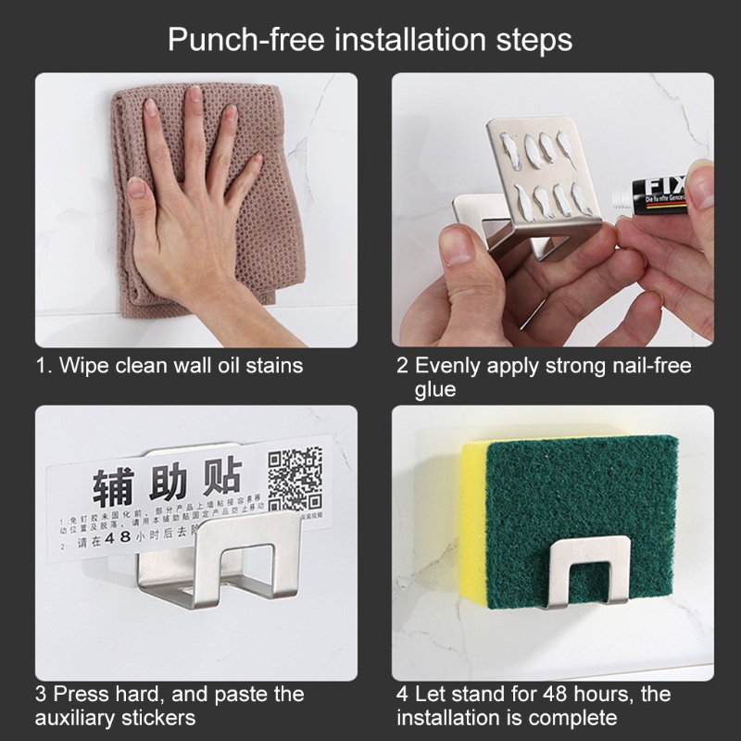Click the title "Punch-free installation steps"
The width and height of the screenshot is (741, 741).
tap(370, 40)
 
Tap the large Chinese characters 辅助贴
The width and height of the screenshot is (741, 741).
tap(167, 484)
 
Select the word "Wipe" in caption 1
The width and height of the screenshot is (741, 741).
tap(82, 365)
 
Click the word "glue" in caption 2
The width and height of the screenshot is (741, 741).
tap(435, 389)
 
